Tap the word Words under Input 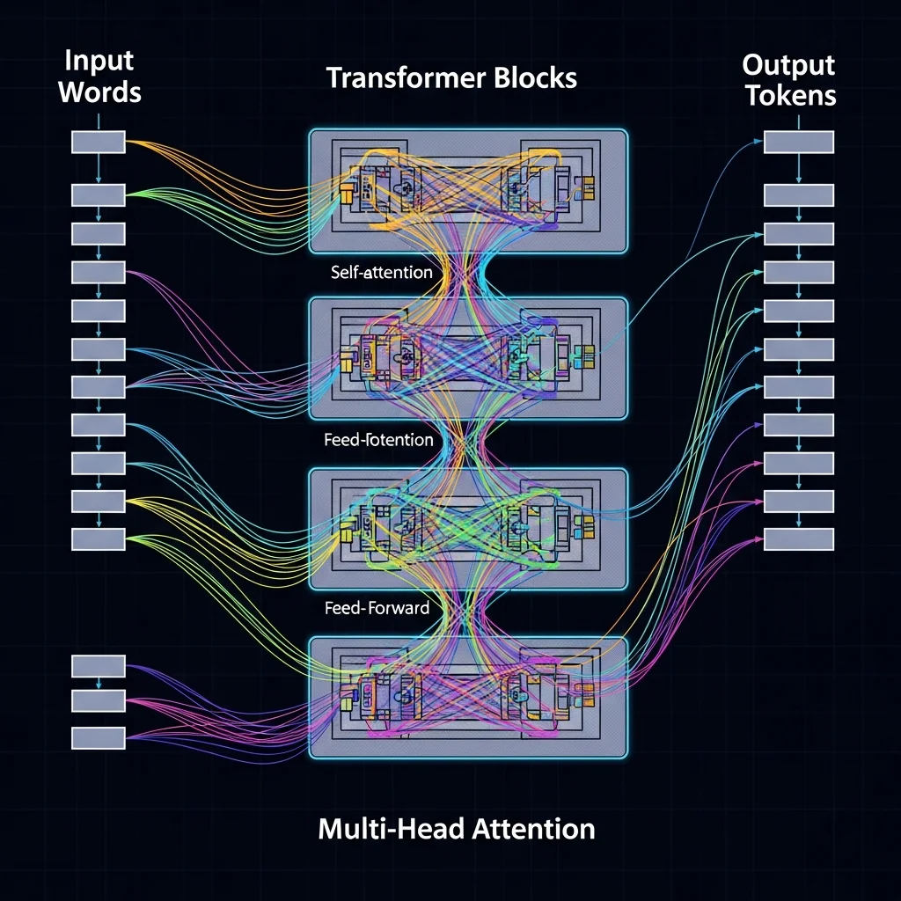tap(100, 92)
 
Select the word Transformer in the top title tap(394, 77)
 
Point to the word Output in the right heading tap(788, 64)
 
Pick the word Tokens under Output tap(790, 94)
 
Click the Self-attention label tap(381, 272)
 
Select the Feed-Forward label tap(377, 607)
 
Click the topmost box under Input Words tap(98, 143)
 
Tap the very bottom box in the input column tap(98, 737)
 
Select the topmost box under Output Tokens tap(798, 143)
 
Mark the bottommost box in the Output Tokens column tap(798, 539)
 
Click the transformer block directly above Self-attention tap(468, 189)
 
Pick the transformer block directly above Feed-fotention tap(468, 357)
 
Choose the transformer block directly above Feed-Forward tap(468, 528)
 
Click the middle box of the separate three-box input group tap(98, 701)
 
